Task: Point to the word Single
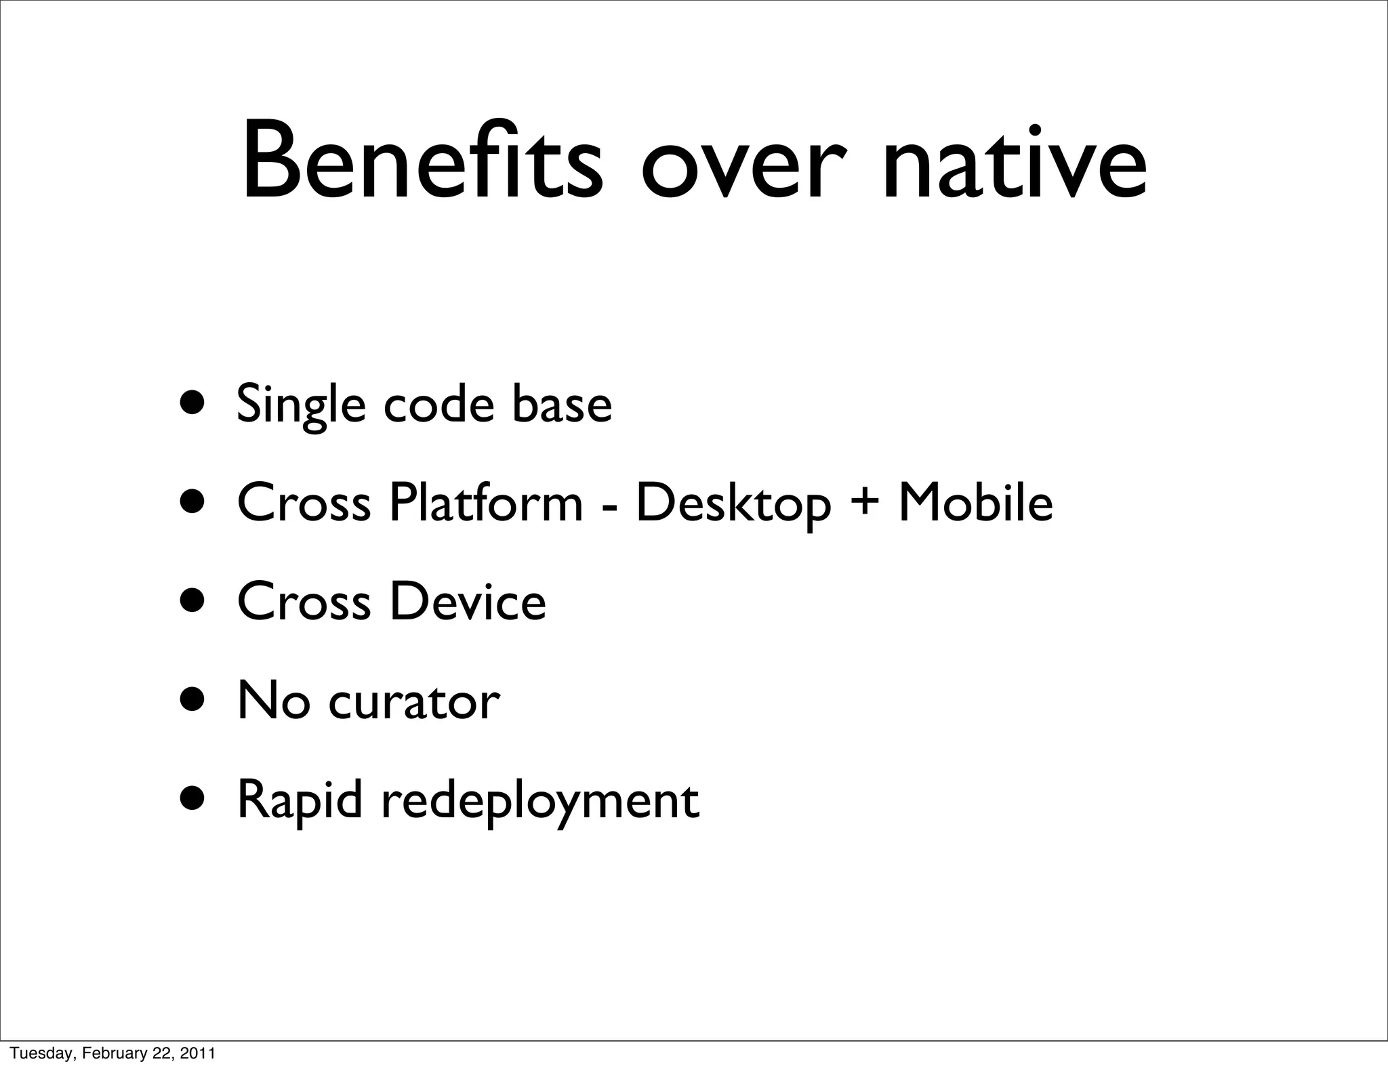pos(301,405)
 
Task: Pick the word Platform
pos(485,503)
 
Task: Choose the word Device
pos(468,601)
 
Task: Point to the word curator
pos(414,701)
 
